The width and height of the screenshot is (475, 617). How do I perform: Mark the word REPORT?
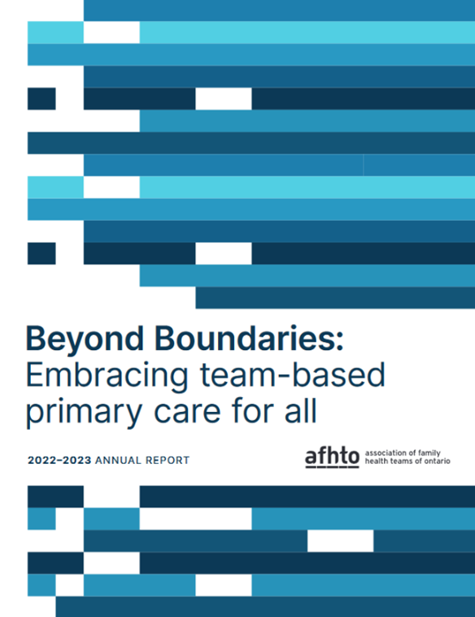[x=166, y=461]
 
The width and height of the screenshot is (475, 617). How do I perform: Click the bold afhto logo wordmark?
[x=331, y=458]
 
